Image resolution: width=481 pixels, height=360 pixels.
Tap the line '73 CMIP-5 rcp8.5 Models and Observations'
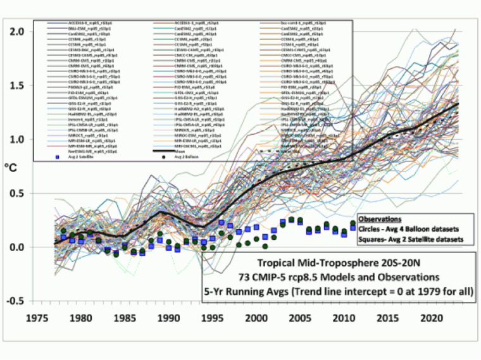339,276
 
